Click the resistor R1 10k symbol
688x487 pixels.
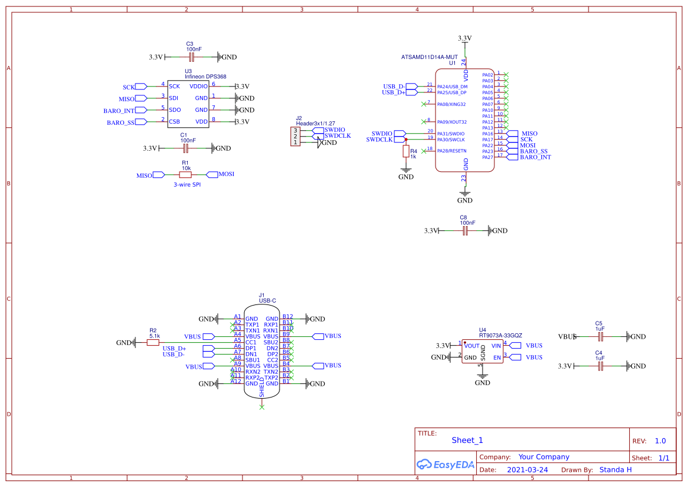tap(185, 175)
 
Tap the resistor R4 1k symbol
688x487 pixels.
tap(406, 152)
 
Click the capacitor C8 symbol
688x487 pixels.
tap(465, 231)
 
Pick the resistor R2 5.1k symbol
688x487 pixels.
tap(153, 342)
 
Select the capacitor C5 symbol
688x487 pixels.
tap(600, 337)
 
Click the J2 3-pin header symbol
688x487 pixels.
tap(295, 137)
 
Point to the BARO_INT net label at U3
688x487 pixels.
tap(119, 111)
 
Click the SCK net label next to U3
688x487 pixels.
tap(129, 87)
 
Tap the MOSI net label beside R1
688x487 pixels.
tap(226, 174)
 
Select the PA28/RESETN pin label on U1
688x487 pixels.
tap(451, 151)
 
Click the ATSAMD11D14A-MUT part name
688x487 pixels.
tap(429, 57)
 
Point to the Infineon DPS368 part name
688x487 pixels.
tap(205, 77)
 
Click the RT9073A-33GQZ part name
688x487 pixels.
tap(500, 336)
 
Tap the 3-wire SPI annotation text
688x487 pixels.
tap(187, 185)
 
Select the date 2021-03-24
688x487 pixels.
tap(527, 470)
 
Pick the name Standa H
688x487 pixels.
tap(615, 470)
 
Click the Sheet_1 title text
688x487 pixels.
tap(467, 440)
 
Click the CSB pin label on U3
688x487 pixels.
tap(175, 122)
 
